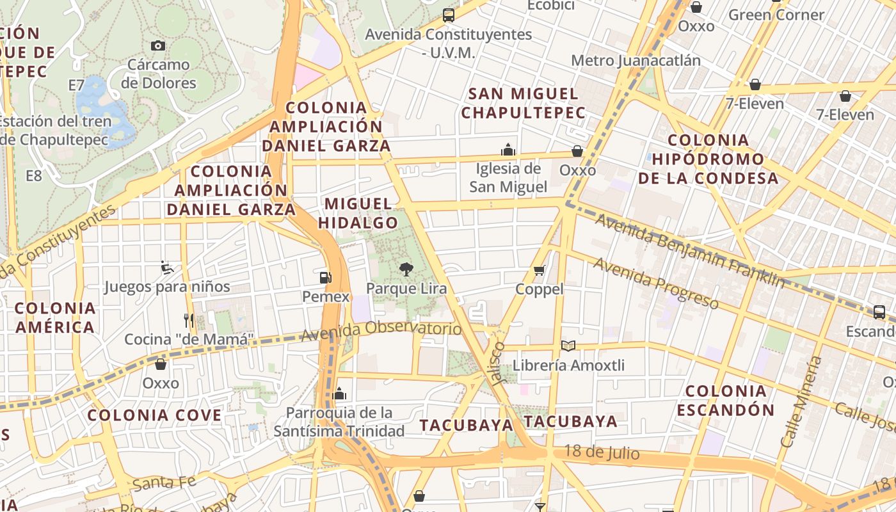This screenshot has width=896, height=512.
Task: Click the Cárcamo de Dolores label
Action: (159, 74)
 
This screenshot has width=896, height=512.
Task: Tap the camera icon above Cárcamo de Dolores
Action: (158, 45)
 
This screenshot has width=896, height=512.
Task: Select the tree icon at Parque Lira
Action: (406, 269)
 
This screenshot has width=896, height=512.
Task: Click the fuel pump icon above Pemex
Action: (326, 278)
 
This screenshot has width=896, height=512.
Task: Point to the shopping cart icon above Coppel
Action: (540, 270)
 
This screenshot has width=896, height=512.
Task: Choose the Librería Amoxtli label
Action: (569, 365)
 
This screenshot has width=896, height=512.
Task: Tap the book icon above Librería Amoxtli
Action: (568, 346)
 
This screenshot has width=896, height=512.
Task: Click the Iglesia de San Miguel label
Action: (509, 178)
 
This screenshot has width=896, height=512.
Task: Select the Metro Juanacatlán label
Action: (636, 60)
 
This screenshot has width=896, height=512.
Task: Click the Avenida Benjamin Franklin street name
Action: (690, 251)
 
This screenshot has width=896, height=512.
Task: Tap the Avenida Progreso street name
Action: (656, 282)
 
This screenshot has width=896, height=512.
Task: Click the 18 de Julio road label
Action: (602, 452)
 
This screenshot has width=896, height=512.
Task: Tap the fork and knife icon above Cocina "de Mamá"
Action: (188, 320)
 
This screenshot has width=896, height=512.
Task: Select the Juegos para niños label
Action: (167, 286)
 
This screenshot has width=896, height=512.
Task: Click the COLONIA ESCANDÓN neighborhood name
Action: (726, 400)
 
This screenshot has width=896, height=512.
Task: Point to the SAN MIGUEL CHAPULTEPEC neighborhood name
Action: (524, 103)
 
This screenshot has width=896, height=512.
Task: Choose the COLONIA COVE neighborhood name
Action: (154, 415)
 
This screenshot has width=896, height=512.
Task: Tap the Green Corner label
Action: (776, 15)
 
